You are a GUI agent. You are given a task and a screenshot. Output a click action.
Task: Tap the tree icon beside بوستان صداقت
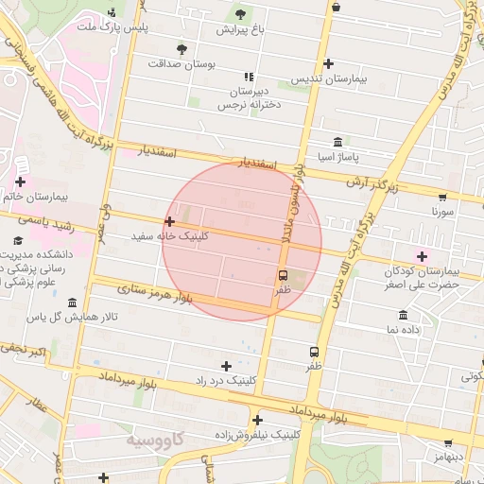pos(181,48)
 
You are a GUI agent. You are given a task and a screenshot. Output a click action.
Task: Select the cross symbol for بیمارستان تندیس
pos(328,64)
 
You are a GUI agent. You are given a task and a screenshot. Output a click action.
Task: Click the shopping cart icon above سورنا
pos(441,198)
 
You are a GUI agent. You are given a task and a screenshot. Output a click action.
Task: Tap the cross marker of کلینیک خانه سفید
pos(169,221)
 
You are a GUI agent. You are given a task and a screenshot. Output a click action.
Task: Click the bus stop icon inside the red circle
pos(282,275)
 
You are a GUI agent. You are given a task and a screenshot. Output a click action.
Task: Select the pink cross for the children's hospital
pos(422,255)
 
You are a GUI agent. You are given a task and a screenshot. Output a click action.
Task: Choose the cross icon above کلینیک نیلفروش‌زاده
pos(256,421)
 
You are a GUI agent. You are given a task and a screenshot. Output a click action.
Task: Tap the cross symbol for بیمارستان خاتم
pos(20,181)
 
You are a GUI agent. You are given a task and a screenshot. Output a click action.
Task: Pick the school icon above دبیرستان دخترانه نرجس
pos(248,77)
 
